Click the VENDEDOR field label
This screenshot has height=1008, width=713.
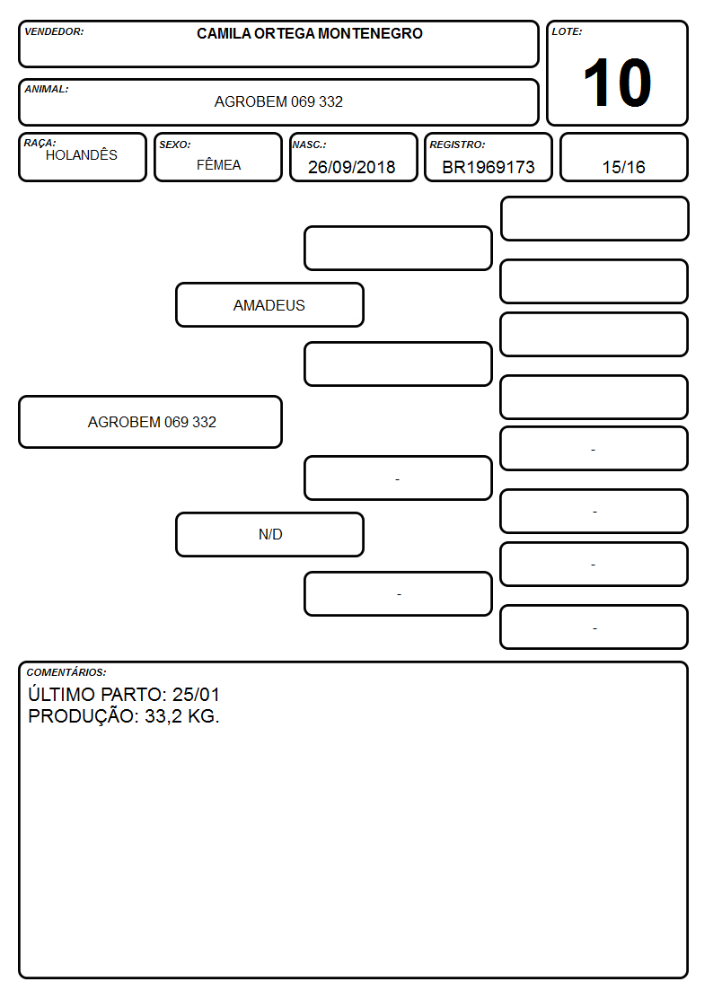point(54,31)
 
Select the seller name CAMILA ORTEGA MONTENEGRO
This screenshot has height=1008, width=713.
point(310,33)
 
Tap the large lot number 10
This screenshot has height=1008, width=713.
point(617,83)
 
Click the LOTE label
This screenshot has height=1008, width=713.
point(567,31)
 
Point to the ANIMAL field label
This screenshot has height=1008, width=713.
point(47,90)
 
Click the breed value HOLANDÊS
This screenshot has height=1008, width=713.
point(82,155)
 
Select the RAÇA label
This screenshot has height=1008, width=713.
point(40,142)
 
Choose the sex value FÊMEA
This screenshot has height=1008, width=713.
point(218,165)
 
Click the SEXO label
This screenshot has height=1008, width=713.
point(175,145)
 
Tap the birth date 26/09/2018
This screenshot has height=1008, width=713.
point(352,167)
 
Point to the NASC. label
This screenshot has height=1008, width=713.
point(309,145)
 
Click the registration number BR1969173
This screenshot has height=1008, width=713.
point(489,167)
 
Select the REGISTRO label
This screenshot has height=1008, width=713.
point(457,145)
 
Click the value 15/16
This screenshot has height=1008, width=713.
point(623,167)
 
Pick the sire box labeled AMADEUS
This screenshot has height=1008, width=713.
point(270,304)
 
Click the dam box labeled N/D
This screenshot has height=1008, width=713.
point(270,534)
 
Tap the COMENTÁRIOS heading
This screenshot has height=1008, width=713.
point(66,672)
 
